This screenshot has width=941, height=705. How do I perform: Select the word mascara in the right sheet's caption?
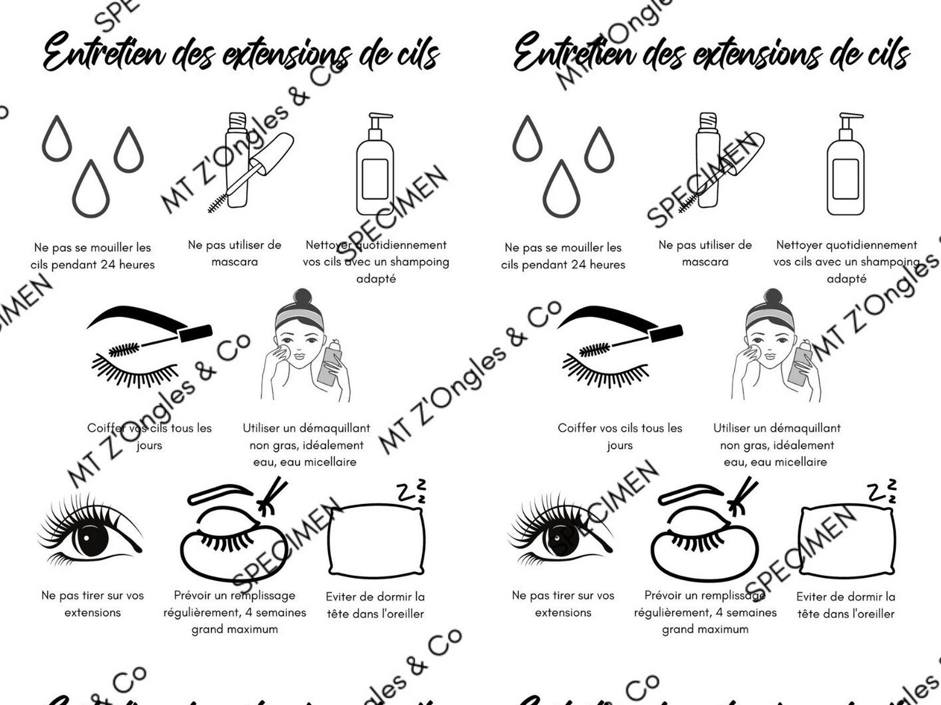pyautogui.click(x=705, y=262)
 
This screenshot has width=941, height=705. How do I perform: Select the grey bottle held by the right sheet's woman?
pyautogui.click(x=798, y=362)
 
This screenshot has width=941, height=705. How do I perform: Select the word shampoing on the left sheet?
pyautogui.click(x=420, y=262)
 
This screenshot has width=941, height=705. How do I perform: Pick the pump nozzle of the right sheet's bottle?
pyautogui.click(x=853, y=116)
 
